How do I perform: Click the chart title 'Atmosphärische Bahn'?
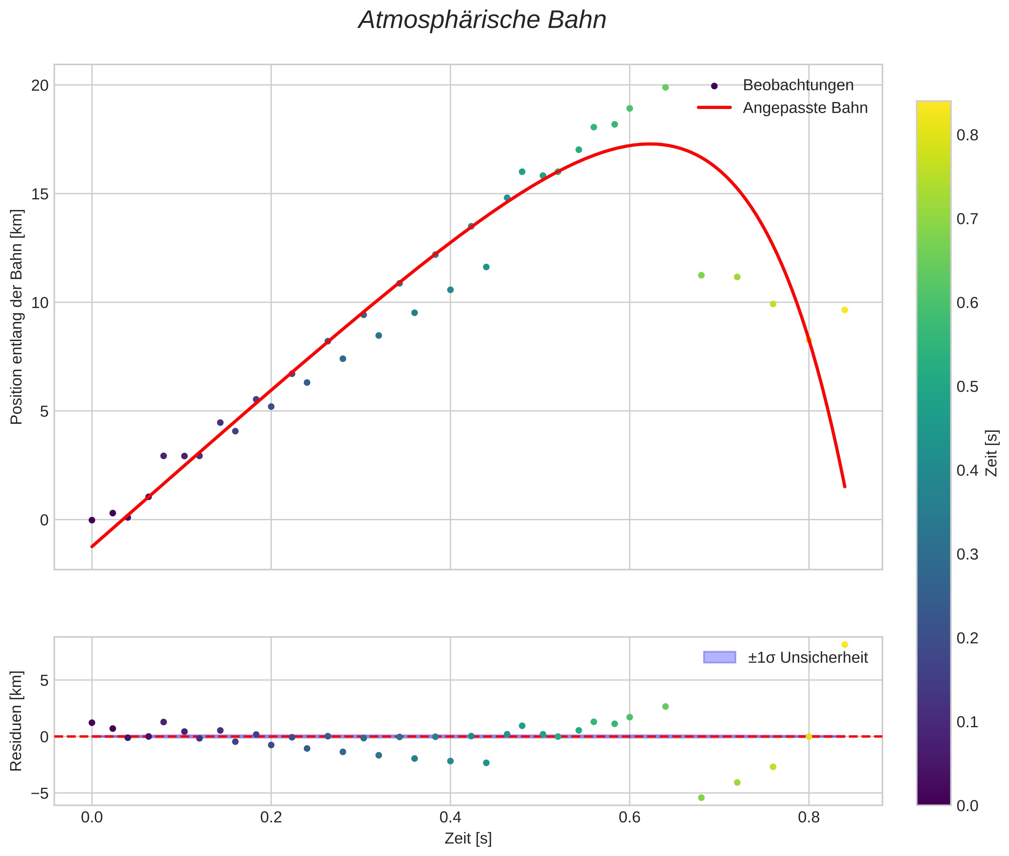[x=482, y=20]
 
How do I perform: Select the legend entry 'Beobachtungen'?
[x=798, y=85]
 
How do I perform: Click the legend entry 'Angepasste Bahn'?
[x=805, y=108]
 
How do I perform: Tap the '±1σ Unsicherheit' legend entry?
[x=807, y=657]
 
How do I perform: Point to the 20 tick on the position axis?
[x=40, y=85]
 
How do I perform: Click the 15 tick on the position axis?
[x=40, y=194]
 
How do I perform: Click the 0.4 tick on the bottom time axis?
[x=450, y=818]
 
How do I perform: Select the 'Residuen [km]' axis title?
[x=16, y=721]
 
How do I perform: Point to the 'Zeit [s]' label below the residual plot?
[x=468, y=838]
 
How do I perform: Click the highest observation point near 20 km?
[x=665, y=87]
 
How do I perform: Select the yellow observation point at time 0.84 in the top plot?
[x=844, y=309]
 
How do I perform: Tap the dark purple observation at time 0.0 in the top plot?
[x=92, y=520]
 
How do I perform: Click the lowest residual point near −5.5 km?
[x=701, y=797]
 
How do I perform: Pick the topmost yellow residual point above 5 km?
[x=844, y=644]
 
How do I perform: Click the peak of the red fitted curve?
[x=650, y=144]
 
